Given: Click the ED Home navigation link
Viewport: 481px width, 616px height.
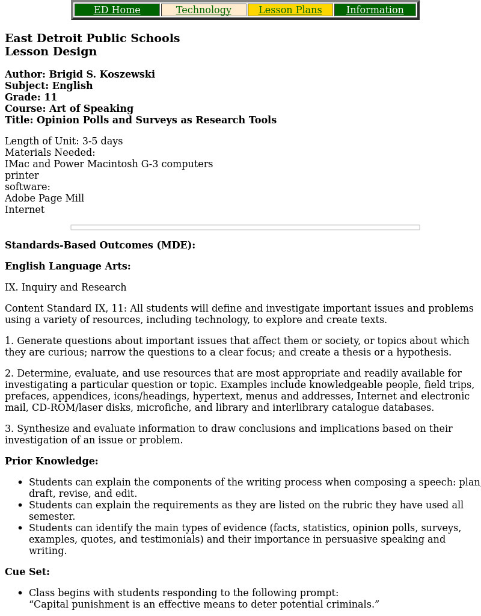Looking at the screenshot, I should (x=117, y=10).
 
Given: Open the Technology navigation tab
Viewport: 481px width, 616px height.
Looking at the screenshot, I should (x=203, y=10).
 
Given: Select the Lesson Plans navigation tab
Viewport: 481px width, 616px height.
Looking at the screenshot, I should (x=290, y=10).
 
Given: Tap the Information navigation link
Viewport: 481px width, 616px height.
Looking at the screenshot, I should (x=375, y=10).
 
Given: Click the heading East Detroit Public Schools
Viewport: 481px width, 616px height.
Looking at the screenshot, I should (x=92, y=38).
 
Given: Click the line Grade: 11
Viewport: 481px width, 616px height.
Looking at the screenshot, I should (x=31, y=97).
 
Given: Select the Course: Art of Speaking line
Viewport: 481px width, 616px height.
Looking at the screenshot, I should (x=69, y=109).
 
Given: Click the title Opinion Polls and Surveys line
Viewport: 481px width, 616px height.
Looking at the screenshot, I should (x=141, y=120).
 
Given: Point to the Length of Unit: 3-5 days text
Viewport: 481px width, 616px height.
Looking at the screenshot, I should (x=64, y=141).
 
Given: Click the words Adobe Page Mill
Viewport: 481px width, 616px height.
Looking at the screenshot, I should (x=44, y=199).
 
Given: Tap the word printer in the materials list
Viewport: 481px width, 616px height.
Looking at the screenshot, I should (x=22, y=176).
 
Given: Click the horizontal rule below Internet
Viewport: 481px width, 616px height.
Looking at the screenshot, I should (x=245, y=227).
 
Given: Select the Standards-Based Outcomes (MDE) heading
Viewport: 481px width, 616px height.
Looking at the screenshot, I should (x=100, y=245).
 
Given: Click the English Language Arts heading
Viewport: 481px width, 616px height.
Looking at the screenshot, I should (x=67, y=266).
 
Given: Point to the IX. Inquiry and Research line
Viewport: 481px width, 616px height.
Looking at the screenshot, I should (x=66, y=288).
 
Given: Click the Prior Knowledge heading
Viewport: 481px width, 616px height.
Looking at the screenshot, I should (x=51, y=461).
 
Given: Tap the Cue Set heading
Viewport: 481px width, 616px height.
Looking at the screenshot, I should (x=27, y=572).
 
